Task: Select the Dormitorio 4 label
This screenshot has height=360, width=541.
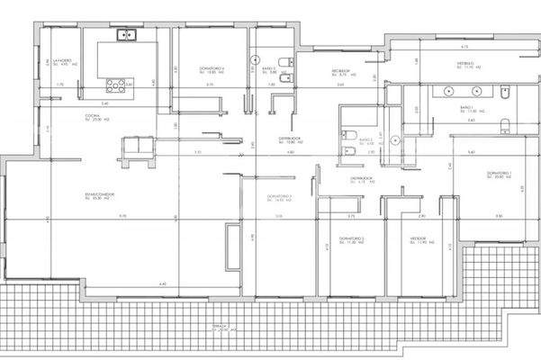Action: click(x=212, y=68)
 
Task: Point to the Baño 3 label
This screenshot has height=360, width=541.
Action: click(x=268, y=68)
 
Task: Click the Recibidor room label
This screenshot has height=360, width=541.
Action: click(x=339, y=69)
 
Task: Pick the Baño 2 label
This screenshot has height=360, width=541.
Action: click(x=365, y=140)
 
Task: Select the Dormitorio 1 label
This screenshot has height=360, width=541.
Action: click(x=500, y=174)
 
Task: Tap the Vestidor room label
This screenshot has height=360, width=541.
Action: click(x=421, y=240)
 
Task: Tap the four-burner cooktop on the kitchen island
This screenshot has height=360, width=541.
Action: click(x=118, y=86)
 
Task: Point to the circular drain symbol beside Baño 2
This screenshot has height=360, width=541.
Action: click(x=346, y=135)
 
